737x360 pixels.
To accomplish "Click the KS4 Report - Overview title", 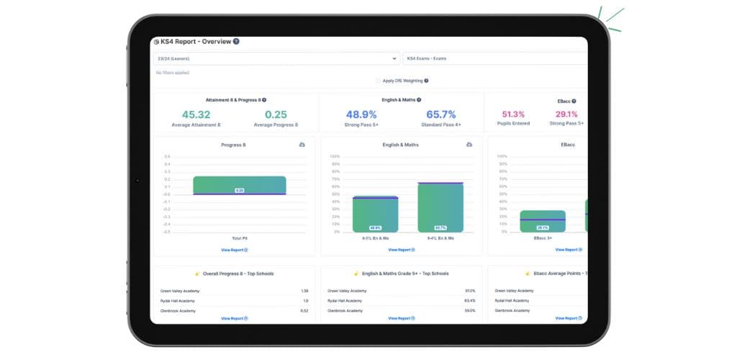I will click(196, 42).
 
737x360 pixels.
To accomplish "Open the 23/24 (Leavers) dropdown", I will click(276, 58).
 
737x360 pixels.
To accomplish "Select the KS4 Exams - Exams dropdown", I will click(494, 58).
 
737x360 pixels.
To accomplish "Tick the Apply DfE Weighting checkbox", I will click(379, 81).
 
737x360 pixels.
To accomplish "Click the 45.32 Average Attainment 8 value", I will click(196, 114).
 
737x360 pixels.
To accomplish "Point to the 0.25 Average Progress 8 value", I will click(276, 114).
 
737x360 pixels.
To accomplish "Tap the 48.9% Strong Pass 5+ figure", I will click(361, 114).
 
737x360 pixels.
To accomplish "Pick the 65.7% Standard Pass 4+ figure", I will click(441, 114).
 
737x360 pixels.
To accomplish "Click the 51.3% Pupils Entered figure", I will click(513, 114).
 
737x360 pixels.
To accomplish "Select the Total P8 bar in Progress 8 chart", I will click(240, 185).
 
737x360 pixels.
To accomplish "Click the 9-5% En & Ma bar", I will click(375, 214).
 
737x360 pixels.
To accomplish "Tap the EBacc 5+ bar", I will click(542, 221).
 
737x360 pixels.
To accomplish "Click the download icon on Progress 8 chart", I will click(302, 145).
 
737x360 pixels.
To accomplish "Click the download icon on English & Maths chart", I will click(469, 145).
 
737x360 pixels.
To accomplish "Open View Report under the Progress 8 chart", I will click(234, 250).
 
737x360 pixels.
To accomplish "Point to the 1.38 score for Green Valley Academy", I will click(304, 291).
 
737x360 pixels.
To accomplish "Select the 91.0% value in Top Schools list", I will click(470, 291).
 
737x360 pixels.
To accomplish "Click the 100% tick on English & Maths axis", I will click(335, 156).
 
